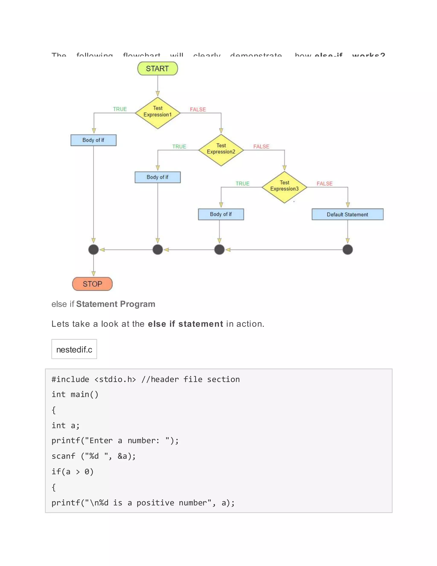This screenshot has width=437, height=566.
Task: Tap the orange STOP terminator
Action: point(92,284)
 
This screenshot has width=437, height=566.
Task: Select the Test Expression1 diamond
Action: point(157,113)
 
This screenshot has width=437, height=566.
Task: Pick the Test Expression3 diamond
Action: point(284,187)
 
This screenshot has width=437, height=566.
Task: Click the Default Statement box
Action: point(347,214)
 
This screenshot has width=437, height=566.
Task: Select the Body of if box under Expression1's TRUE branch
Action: point(93,140)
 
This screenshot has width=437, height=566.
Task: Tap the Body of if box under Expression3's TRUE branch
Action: point(221,214)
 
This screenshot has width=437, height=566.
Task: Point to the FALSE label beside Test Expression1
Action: point(198,109)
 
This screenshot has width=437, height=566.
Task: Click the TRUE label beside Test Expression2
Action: point(179,147)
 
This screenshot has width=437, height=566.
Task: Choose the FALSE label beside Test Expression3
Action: point(324,183)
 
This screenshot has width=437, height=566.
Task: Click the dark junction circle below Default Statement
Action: point(347,249)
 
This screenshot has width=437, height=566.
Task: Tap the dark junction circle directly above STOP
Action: point(93,249)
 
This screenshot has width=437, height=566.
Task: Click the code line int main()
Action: point(75,394)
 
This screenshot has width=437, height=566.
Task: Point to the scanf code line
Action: point(93,456)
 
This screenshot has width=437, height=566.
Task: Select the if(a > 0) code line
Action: point(73,471)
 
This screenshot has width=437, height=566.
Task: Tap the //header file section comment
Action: point(191,379)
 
